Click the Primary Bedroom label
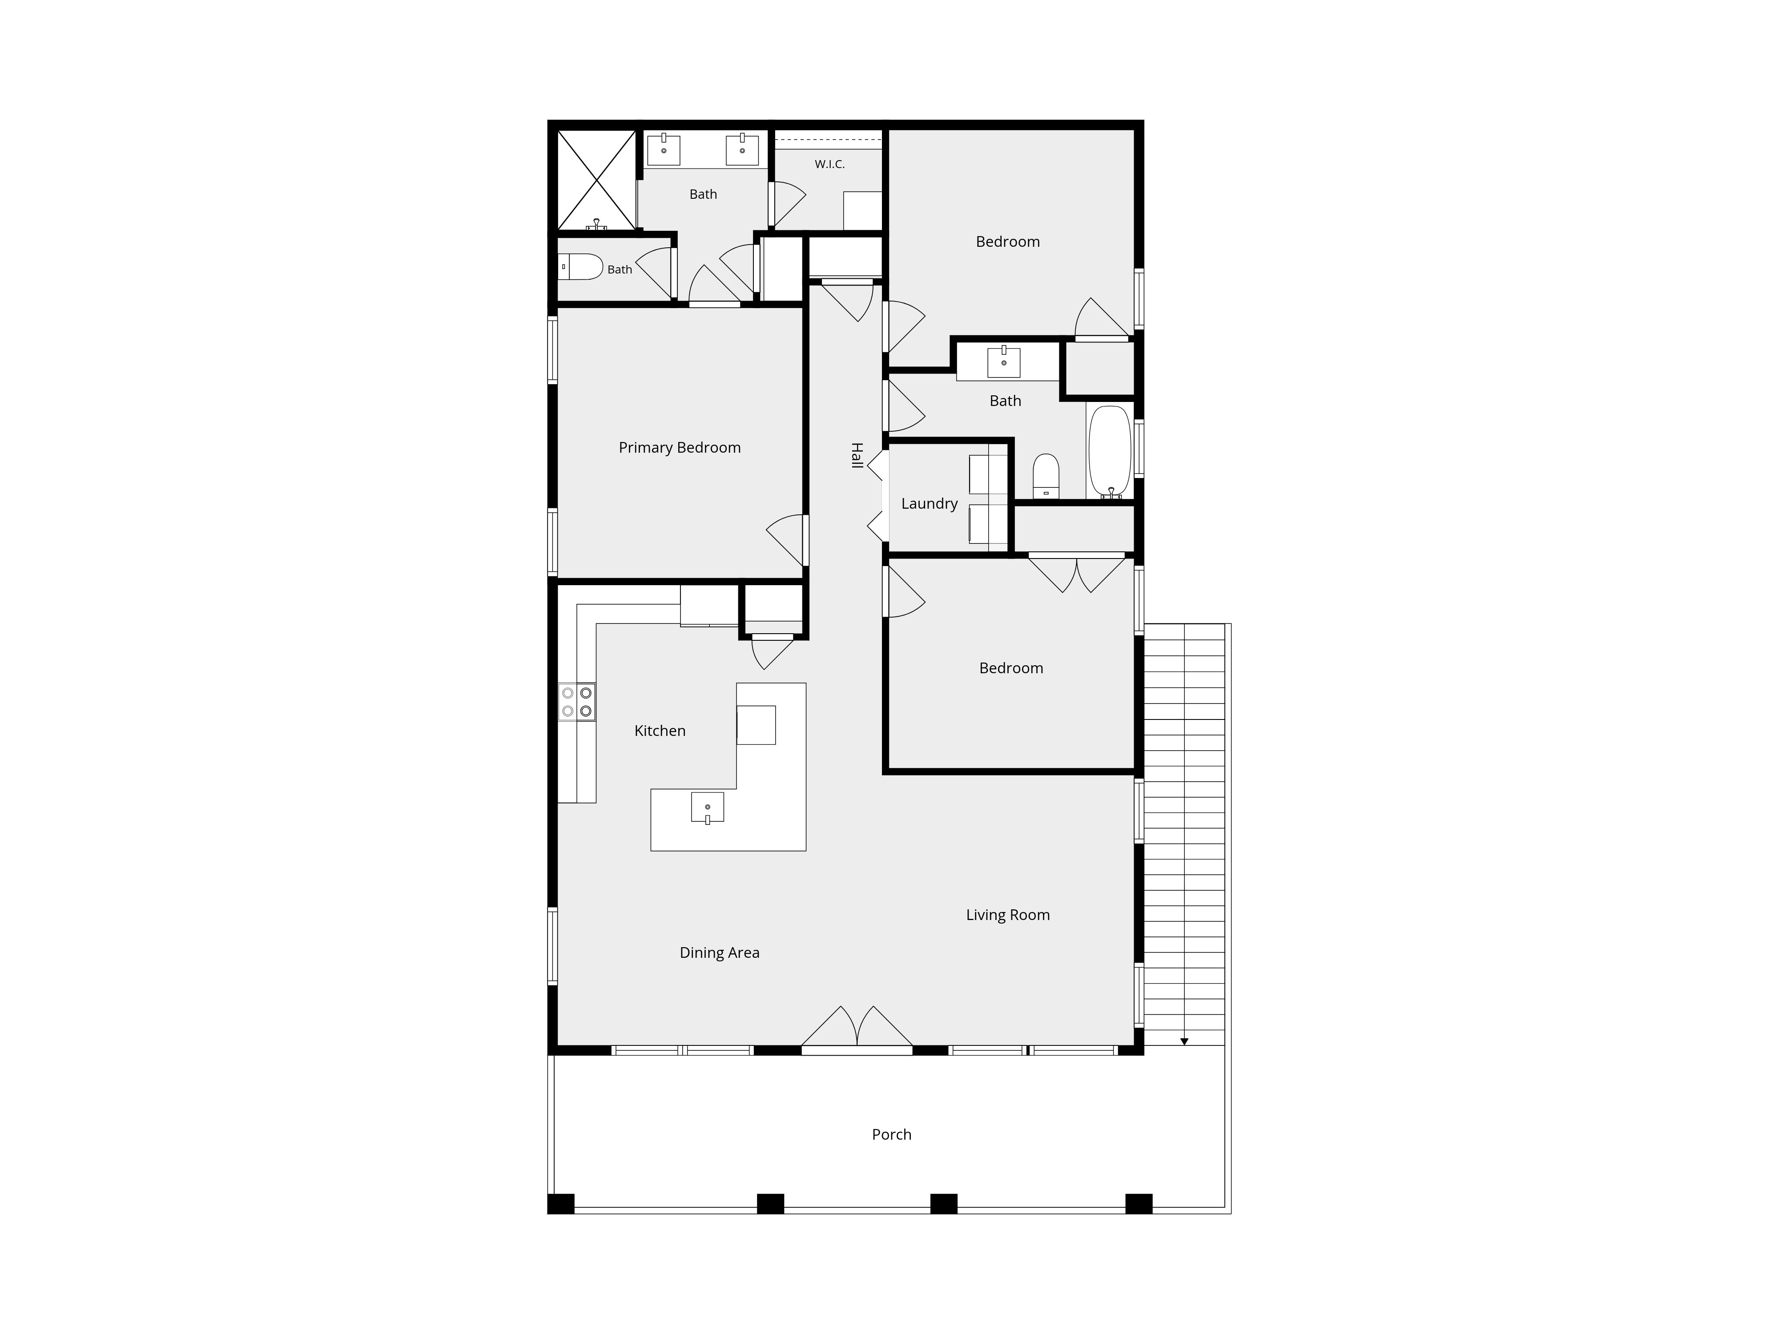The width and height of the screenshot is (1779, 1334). point(680,448)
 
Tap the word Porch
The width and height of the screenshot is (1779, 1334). point(891,1135)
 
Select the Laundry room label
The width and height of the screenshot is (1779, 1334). point(929,504)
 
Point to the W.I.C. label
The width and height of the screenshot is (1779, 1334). point(829,164)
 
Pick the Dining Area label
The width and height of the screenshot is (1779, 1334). point(719,953)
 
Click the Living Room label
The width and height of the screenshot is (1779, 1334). point(1008,915)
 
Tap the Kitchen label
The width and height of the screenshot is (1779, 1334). point(660,731)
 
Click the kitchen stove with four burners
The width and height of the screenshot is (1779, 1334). point(577,701)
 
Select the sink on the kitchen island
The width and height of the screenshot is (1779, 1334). point(708,808)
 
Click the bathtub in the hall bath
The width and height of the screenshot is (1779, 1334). point(1110,452)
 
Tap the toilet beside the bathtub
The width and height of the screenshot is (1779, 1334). point(1046,476)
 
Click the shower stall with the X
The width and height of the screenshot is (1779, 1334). point(596,180)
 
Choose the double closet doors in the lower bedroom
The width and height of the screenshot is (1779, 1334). point(1077,573)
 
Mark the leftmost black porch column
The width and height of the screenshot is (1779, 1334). point(560,1204)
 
